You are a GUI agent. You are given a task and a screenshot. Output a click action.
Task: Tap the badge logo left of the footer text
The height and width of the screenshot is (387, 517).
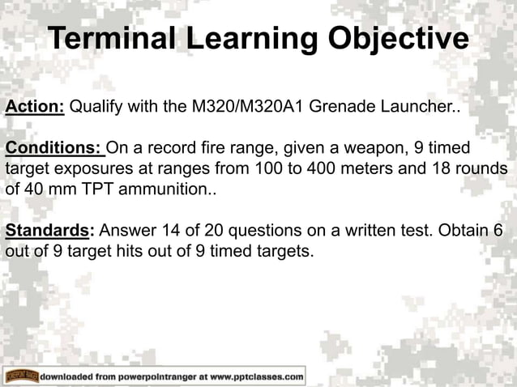pos(22,376)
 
